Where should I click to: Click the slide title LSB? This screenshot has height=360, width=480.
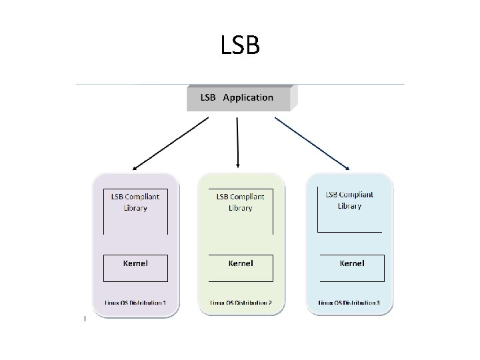click(x=239, y=46)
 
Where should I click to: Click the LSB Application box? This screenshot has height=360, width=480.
click(x=239, y=98)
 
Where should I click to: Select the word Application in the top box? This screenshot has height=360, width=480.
click(x=248, y=98)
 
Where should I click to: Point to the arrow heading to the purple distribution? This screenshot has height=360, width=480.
click(x=170, y=144)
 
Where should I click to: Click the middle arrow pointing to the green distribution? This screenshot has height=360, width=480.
click(x=237, y=142)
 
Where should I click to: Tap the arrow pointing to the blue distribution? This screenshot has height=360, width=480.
click(x=312, y=143)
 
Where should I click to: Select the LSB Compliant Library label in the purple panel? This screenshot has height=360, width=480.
click(x=135, y=202)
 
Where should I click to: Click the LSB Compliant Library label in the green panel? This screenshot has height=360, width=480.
click(x=240, y=202)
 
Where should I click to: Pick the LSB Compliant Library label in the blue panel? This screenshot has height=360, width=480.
click(x=349, y=200)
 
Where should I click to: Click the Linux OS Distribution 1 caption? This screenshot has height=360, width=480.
click(x=135, y=303)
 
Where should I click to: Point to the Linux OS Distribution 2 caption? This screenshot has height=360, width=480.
click(x=241, y=303)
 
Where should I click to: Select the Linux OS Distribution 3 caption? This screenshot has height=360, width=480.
click(x=349, y=303)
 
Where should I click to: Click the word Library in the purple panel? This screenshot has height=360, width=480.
click(x=135, y=208)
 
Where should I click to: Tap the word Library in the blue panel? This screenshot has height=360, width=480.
click(x=349, y=206)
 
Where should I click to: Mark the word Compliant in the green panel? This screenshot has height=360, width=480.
click(x=248, y=197)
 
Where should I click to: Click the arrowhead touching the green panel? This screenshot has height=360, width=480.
click(x=238, y=165)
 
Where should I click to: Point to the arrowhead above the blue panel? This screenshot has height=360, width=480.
click(x=347, y=167)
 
